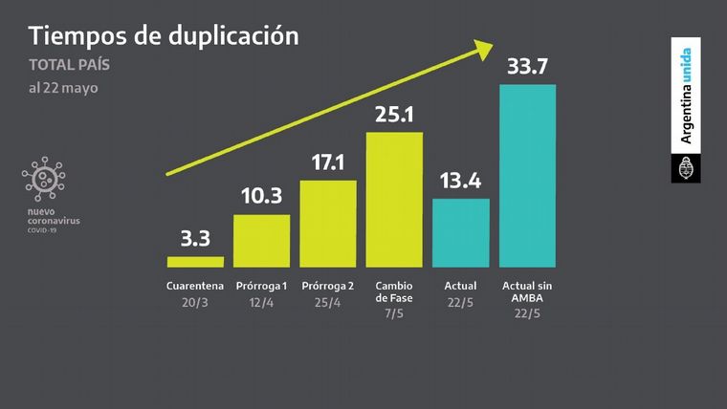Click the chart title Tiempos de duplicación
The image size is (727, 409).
(164, 35)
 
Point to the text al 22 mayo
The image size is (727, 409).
(63, 88)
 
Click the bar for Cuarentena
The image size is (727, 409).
(195, 261)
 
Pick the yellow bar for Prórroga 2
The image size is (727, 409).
(328, 224)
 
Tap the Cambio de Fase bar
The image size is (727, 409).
(394, 199)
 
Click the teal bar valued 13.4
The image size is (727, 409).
(461, 232)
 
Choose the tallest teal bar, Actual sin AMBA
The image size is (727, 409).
(527, 175)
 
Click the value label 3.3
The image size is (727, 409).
(195, 239)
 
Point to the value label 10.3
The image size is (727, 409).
(262, 198)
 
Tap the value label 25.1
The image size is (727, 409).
(394, 115)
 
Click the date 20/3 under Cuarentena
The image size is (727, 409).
(195, 302)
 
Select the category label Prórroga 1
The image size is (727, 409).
(262, 286)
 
